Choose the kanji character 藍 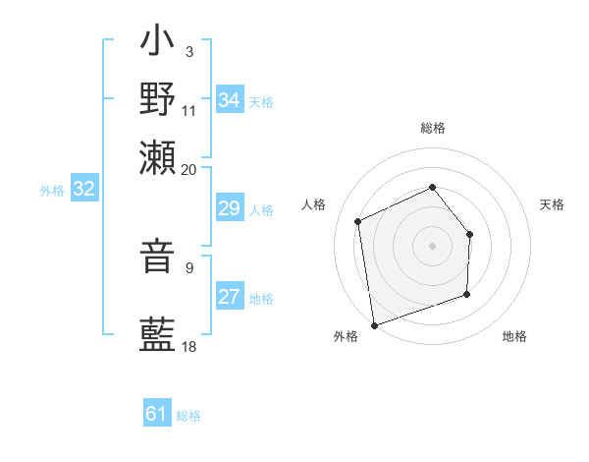click(158, 334)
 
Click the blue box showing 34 click(229, 100)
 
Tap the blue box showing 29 click(229, 209)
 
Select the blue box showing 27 click(229, 298)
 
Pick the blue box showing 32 click(83, 190)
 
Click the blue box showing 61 click(157, 415)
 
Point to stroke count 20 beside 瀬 click(189, 169)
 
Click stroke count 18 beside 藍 click(189, 346)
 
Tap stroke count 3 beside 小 click(188, 50)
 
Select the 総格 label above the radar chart click(432, 128)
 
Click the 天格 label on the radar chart click(552, 204)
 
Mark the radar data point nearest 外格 click(374, 323)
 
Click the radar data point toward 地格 click(467, 294)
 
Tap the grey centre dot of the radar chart click(432, 245)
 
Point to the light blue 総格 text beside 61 click(188, 416)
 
